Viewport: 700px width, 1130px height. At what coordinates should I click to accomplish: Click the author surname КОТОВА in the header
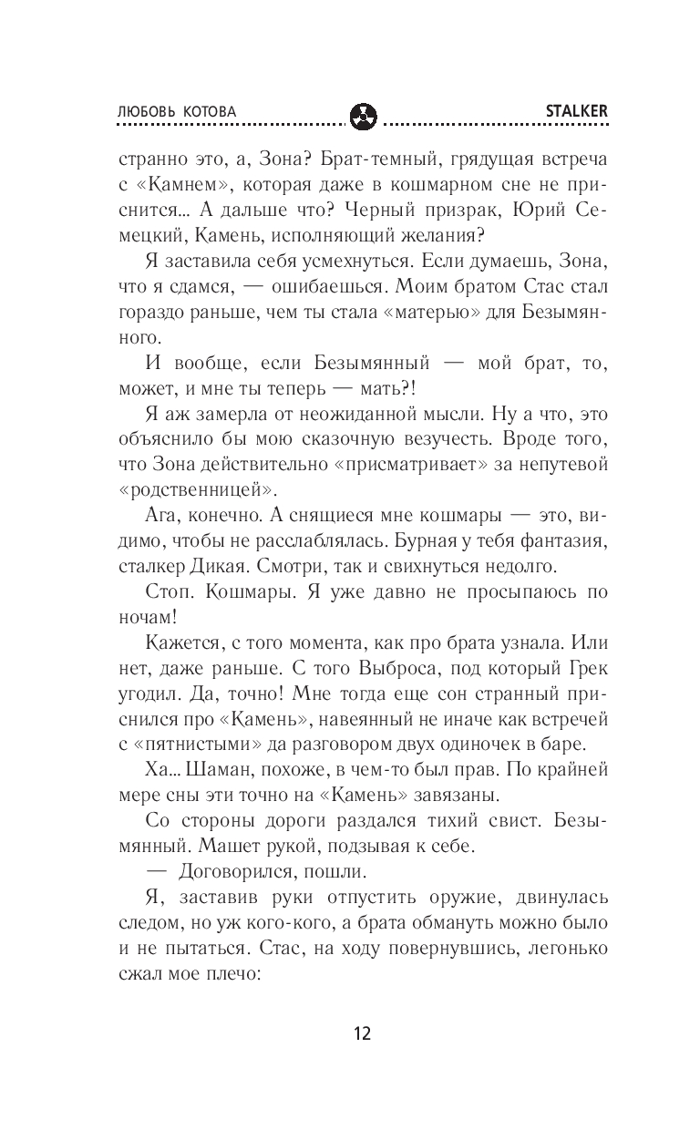click(207, 111)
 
